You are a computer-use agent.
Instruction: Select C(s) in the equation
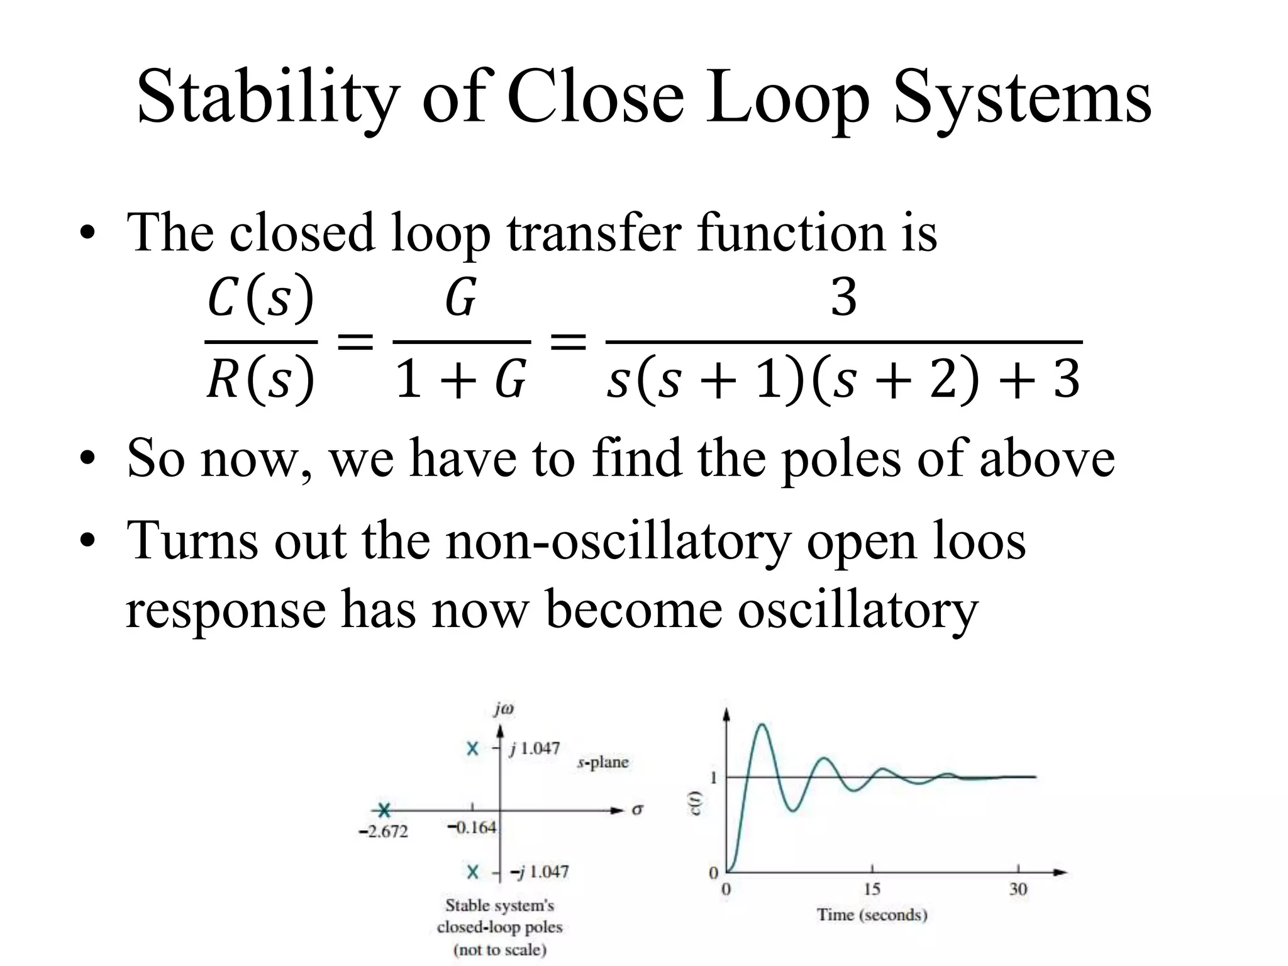tap(260, 298)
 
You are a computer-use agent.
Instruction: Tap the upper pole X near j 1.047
tap(473, 748)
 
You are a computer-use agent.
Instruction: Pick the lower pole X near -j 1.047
tap(473, 872)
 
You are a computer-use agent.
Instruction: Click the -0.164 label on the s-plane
tap(472, 828)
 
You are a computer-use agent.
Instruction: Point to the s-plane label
tap(602, 762)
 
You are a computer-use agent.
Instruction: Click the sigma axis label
tap(637, 809)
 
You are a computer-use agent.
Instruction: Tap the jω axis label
tap(504, 709)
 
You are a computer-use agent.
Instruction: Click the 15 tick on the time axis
tap(872, 889)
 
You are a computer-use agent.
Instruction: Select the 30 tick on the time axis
tap(1018, 889)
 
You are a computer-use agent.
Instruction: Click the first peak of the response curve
tap(762, 725)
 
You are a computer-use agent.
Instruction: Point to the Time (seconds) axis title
tap(872, 914)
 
